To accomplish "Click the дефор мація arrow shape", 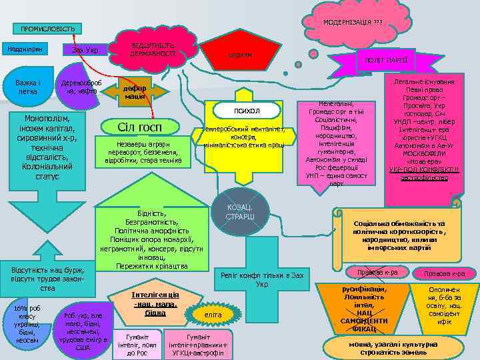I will [x=137, y=91].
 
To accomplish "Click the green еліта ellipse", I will [x=213, y=314].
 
